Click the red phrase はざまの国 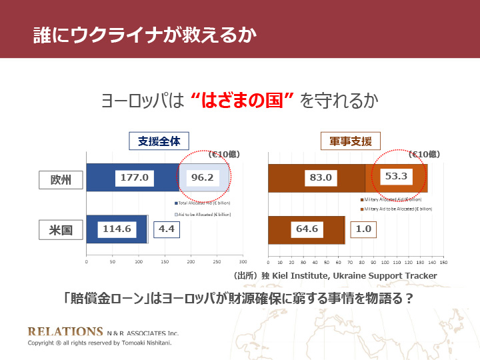point(243,101)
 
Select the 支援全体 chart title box point(159,141)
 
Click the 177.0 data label point(135,178)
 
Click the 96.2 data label point(202,178)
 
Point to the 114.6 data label point(117,229)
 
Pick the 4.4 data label point(167,229)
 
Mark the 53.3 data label point(396,177)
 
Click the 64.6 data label point(307,229)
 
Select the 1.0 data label point(364,229)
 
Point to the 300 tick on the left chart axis point(243,262)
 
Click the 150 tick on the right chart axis point(443,262)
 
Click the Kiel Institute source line point(334,275)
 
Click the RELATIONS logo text point(65,331)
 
